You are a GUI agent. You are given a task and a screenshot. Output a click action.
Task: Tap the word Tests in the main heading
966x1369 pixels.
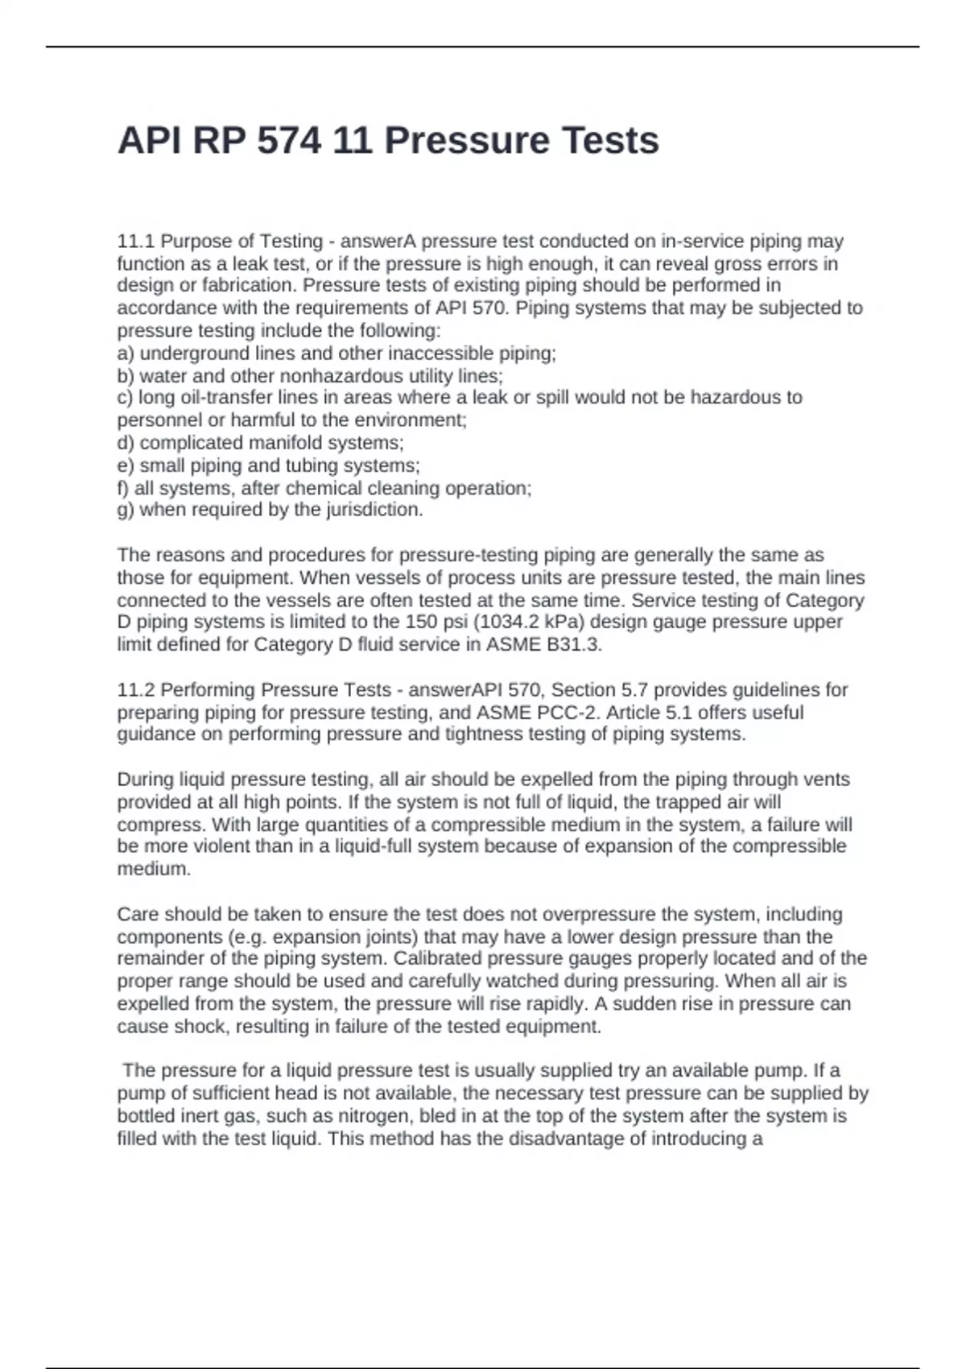click(x=610, y=141)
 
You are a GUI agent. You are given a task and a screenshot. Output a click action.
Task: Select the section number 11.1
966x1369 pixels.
click(x=136, y=241)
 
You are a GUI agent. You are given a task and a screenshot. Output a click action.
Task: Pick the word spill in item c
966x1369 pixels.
click(x=552, y=397)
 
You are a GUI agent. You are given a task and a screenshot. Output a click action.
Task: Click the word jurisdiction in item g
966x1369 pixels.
click(x=373, y=510)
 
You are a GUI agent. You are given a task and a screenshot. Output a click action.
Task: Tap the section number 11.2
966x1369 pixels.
click(x=136, y=689)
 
